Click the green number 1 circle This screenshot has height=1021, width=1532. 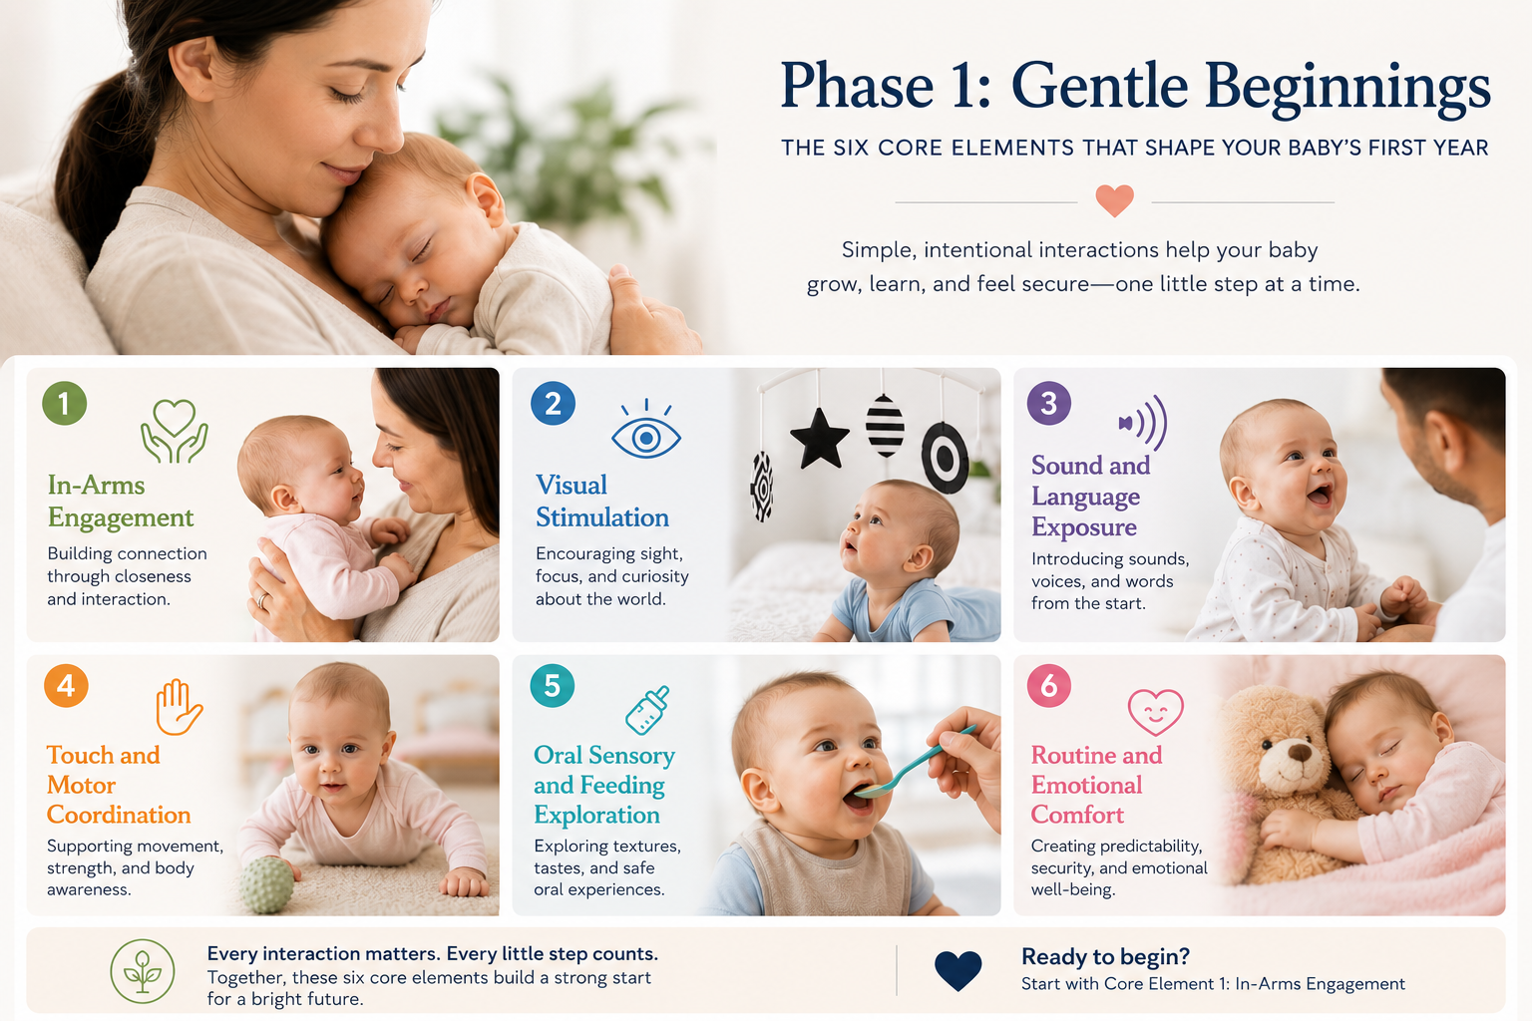click(64, 404)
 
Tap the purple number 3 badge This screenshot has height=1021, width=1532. click(1048, 403)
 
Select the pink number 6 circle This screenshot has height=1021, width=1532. click(1048, 685)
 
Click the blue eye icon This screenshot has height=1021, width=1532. click(645, 430)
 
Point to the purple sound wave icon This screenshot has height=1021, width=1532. click(1143, 423)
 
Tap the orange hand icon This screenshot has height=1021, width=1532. click(179, 707)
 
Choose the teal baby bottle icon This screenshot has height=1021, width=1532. click(647, 711)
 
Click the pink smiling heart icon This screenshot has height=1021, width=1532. click(1155, 713)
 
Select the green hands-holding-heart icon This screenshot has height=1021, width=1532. click(175, 431)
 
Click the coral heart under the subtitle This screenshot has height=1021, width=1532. click(1114, 201)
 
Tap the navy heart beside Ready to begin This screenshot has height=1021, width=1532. click(957, 971)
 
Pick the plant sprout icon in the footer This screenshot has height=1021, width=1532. click(143, 971)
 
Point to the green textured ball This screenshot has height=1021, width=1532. click(266, 885)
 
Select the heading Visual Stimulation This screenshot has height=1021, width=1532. click(601, 502)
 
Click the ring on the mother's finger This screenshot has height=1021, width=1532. click(261, 601)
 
